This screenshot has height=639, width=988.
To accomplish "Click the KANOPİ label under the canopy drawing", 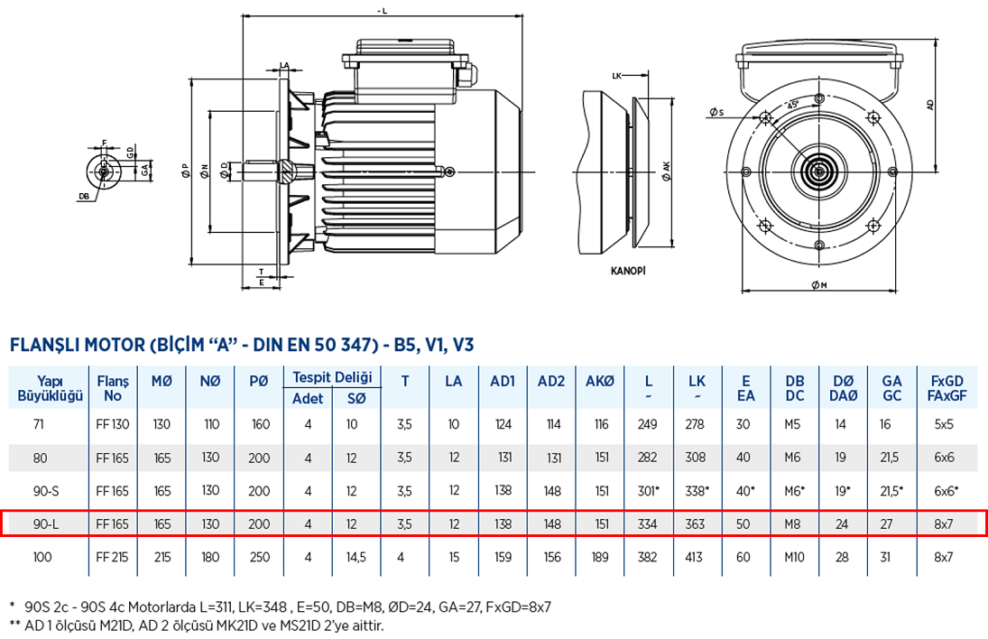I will pos(629,270).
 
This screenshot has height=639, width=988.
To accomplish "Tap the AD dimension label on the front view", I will pos(930,104).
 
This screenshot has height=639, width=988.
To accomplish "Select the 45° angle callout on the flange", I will pos(794,104).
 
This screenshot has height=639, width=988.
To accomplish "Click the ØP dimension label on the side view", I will pos(184,171).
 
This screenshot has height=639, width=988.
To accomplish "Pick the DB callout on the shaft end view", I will pos(83,195).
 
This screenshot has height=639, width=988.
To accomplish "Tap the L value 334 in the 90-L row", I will pos(648,523).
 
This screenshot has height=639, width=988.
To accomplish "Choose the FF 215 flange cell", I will pos(113,557).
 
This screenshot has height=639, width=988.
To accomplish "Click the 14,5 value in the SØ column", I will pos(356,557).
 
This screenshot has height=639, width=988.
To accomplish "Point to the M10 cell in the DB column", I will pos(794,557).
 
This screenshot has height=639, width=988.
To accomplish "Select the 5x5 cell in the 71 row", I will pos(943,424).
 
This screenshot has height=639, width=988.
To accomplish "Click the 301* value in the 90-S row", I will pos(650,491).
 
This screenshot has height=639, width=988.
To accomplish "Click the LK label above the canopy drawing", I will pos(618,76).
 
